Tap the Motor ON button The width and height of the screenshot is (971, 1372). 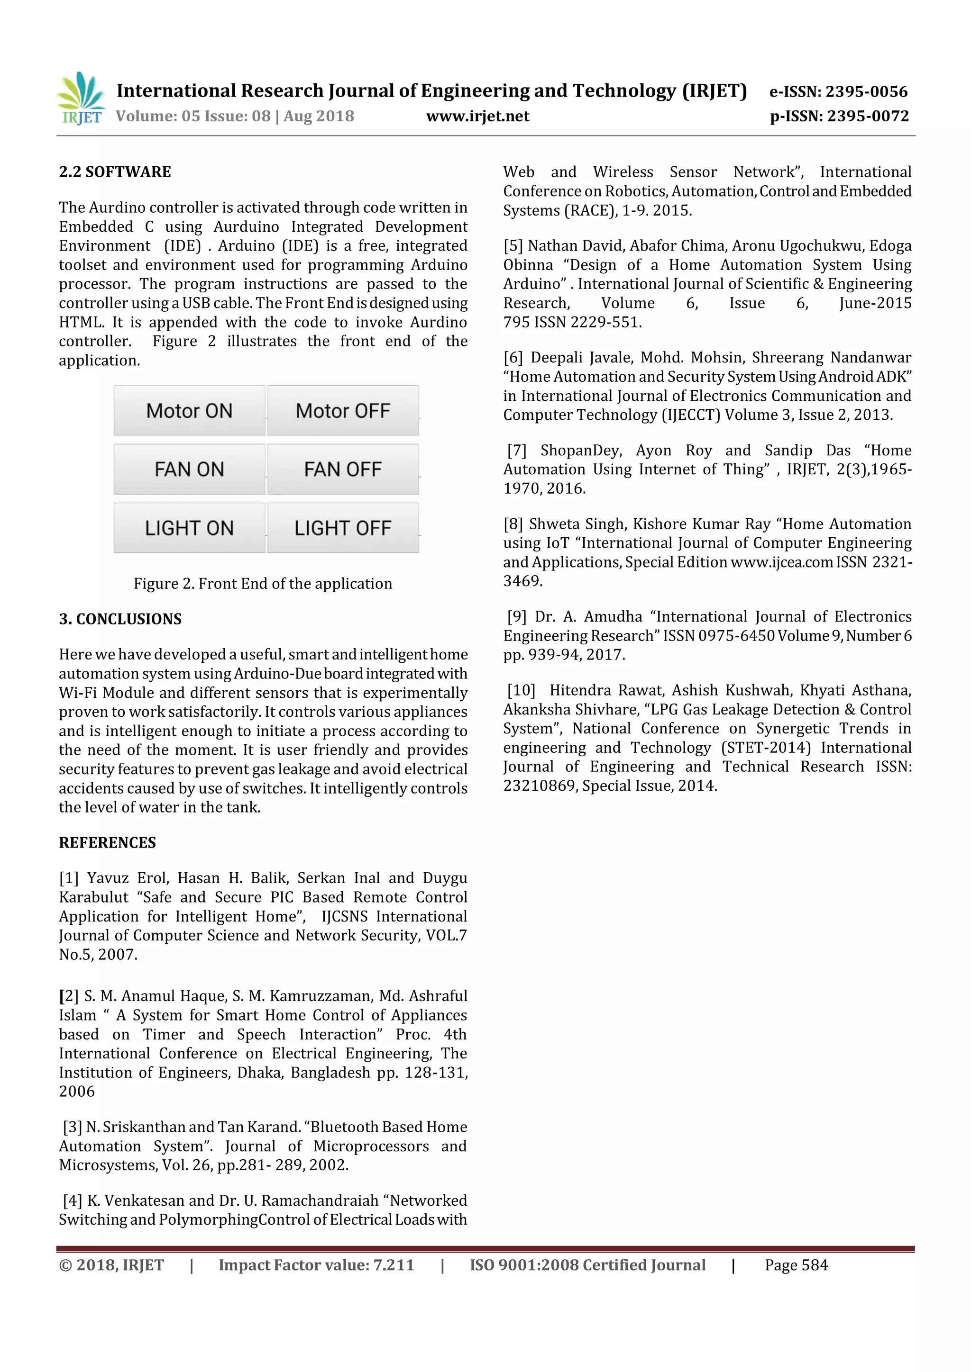pos(189,411)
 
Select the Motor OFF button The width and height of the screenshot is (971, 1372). pos(343,411)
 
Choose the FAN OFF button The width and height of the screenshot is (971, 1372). pos(343,469)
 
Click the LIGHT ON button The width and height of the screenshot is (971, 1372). pos(189,528)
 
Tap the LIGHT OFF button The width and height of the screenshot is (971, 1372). pos(343,528)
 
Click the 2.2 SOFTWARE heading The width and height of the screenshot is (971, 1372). pos(115,172)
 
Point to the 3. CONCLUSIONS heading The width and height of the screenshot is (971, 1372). pos(120,619)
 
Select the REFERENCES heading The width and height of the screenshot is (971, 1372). pos(107,842)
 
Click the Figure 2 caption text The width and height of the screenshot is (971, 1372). pos(263,584)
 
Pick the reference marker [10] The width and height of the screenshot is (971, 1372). pos(521,690)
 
